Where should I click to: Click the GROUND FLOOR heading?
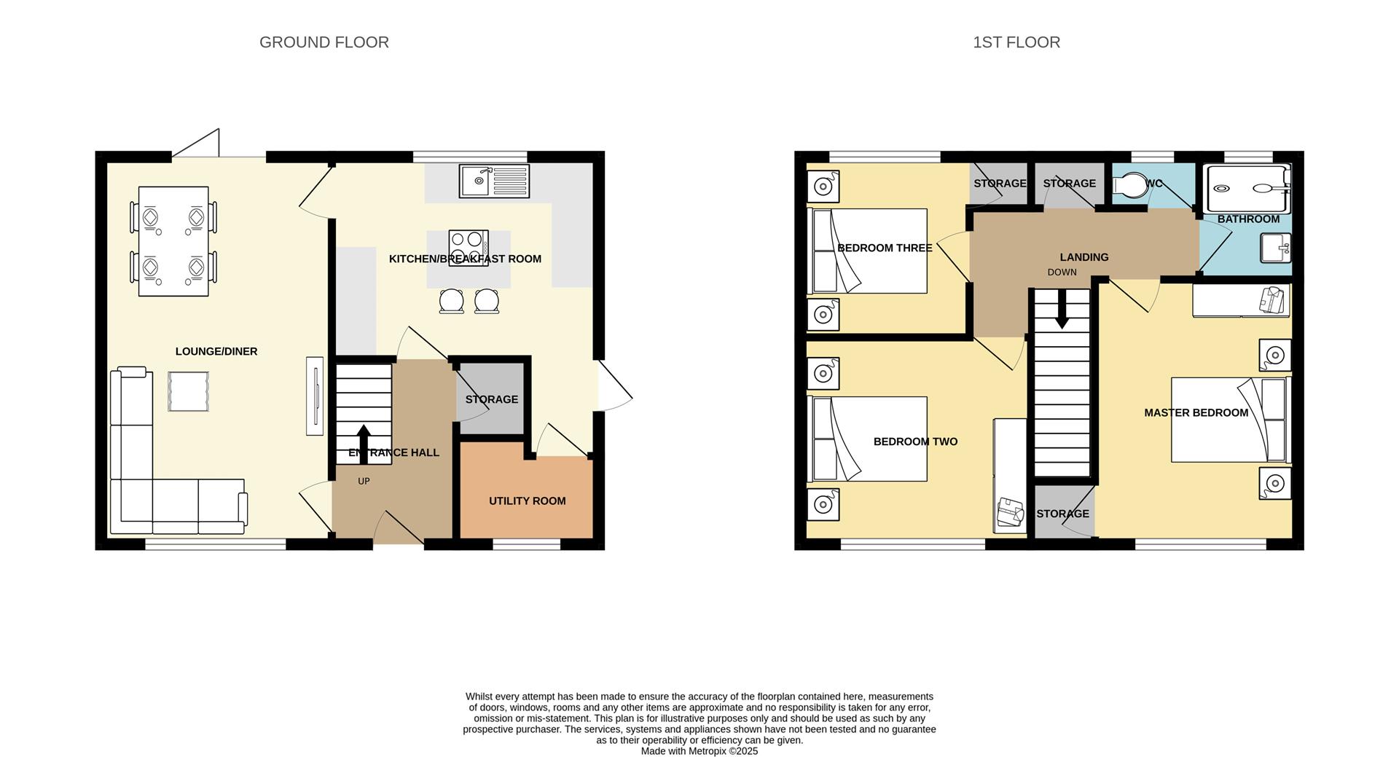point(324,42)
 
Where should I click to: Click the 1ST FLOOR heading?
point(1016,42)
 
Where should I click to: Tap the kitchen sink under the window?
point(494,181)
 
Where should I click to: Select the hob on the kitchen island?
point(469,248)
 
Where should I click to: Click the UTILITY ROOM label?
point(527,501)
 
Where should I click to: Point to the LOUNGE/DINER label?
point(216,351)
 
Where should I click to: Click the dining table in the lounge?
point(173,241)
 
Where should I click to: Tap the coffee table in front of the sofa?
point(188,391)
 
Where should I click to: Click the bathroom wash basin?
point(1275,248)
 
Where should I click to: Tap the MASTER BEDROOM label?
point(1196,412)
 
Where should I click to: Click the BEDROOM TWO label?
point(915,442)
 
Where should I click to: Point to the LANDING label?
point(1083,257)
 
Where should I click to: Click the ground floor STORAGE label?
point(492,399)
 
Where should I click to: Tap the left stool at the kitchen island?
point(452,301)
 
